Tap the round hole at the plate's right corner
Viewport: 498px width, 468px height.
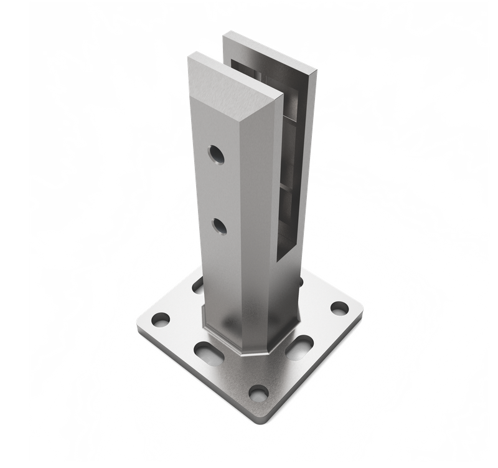click(x=339, y=308)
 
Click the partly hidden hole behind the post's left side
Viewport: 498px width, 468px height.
click(x=197, y=287)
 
